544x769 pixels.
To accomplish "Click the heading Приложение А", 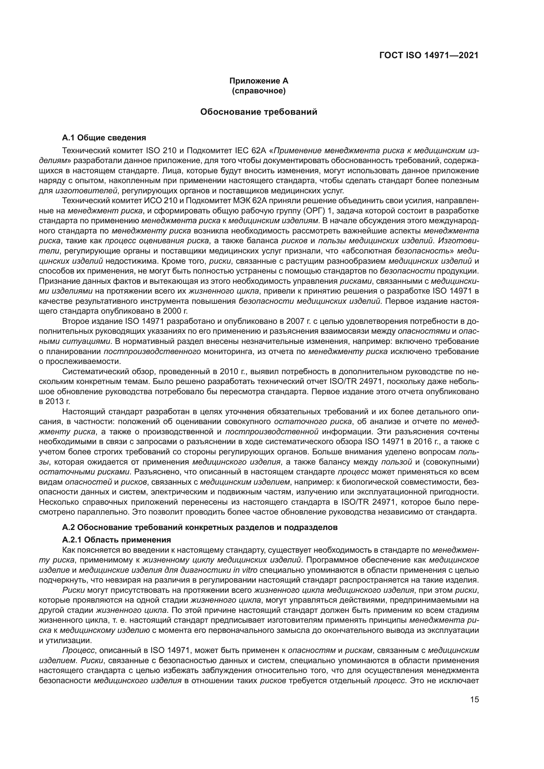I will (x=259, y=81).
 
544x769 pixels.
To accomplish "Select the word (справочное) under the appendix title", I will (x=259, y=91).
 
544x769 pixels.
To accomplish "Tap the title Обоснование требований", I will (x=259, y=112).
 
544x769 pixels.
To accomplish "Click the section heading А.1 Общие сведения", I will (x=104, y=138).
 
